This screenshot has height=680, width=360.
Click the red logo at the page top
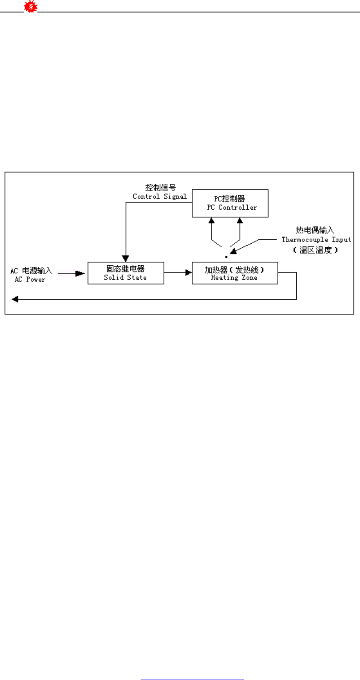pos(31,7)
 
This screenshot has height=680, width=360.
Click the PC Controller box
pos(230,203)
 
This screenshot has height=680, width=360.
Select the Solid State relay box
pos(126,273)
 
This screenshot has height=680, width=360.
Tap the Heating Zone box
pos(234,273)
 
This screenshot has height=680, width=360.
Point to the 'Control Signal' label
pos(160,196)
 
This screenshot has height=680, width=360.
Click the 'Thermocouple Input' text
pos(316,239)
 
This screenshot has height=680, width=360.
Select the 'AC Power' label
pos(30,279)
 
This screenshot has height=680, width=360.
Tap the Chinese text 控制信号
pos(160,188)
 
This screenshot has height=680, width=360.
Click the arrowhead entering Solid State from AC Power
pos(81,273)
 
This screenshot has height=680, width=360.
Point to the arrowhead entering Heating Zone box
pos(188,273)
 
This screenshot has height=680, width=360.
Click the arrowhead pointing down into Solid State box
pos(126,259)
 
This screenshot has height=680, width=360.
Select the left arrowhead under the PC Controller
pos(211,220)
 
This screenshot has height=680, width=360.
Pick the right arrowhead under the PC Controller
pos(240,220)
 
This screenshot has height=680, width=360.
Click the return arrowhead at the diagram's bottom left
pos(15,299)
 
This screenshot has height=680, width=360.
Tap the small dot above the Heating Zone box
pos(226,257)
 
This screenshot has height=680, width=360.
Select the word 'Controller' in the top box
pos(237,207)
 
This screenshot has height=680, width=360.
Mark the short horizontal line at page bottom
pos(192,668)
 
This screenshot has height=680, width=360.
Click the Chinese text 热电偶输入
pos(315,230)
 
